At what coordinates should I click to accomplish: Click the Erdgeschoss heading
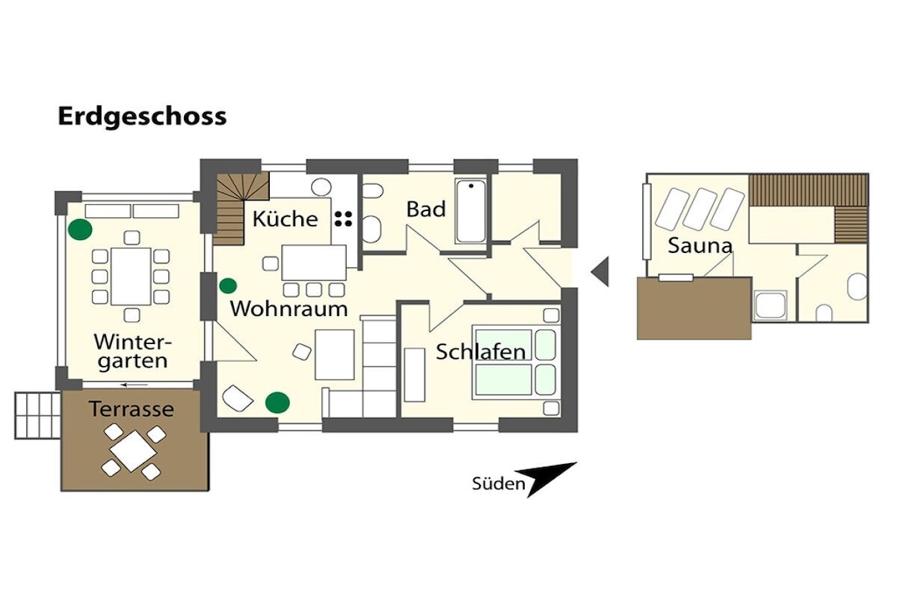142,116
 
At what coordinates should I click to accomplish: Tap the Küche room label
285,219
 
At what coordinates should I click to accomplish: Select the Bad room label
426,209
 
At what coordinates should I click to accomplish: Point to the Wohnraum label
288,309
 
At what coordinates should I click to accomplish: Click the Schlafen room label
481,352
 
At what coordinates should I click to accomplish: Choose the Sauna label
699,246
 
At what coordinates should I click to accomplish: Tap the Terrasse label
131,409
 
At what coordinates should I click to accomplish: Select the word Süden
498,484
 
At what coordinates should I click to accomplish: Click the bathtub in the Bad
470,211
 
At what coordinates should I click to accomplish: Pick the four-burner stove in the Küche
343,218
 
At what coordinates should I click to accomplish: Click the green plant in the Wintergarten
81,229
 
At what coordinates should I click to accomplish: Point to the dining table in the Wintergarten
131,275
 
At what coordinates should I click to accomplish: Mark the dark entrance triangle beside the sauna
600,271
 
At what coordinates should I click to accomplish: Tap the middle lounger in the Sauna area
700,209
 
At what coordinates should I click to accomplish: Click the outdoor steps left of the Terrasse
36,414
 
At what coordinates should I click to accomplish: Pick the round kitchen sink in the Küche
321,186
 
